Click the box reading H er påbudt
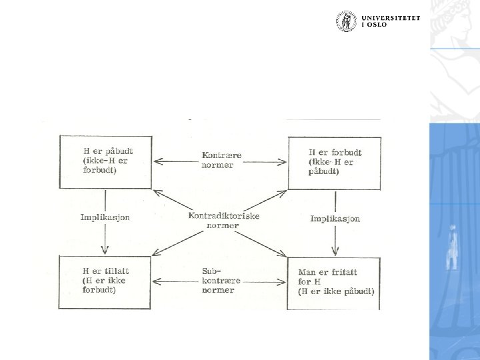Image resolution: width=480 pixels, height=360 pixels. coord(105,161)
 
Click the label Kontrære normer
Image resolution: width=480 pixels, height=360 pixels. coord(221,160)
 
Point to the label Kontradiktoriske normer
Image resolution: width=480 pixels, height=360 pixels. coord(223,220)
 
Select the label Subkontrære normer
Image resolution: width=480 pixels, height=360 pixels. coord(218,281)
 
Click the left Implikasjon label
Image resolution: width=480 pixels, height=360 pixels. coord(105,217)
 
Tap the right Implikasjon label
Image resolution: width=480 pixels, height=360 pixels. coord(335,219)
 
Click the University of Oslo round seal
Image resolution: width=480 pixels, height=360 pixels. coord(345,21)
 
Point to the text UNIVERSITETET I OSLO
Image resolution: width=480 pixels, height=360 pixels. coord(391,21)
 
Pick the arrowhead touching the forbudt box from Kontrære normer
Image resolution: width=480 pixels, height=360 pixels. coord(283,161)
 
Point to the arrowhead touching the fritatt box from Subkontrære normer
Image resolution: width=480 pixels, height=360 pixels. coord(283,281)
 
